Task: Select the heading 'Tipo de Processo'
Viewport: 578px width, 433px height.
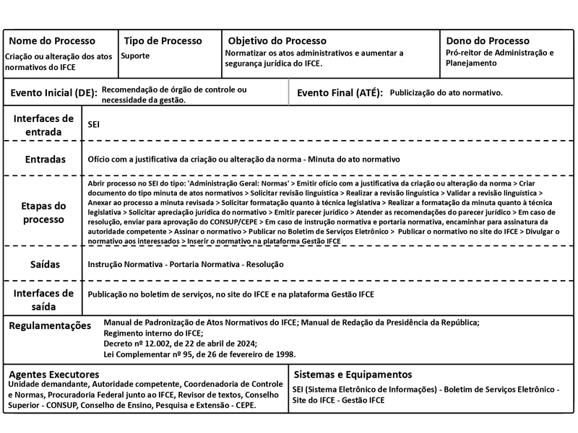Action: pos(163,41)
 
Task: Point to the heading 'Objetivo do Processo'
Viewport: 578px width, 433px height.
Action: pos(277,41)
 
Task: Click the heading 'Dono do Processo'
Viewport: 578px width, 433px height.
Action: pos(487,41)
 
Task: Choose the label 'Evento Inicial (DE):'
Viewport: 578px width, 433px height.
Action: pos(53,94)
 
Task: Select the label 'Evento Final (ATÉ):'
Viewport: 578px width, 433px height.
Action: pos(340,94)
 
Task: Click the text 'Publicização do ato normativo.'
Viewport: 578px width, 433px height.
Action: pos(446,94)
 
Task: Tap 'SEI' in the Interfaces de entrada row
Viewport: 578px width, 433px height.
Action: pos(93,125)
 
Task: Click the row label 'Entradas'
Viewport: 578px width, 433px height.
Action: pos(44,159)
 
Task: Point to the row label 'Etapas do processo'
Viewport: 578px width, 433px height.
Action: pos(44,212)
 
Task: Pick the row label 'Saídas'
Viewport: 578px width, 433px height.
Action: pos(44,265)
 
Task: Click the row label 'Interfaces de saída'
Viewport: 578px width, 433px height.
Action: pos(44,300)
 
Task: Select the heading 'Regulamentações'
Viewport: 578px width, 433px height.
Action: pos(50,326)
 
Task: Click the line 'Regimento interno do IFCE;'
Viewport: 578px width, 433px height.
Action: pos(154,333)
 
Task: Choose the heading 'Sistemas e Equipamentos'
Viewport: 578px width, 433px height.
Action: pos(353,375)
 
